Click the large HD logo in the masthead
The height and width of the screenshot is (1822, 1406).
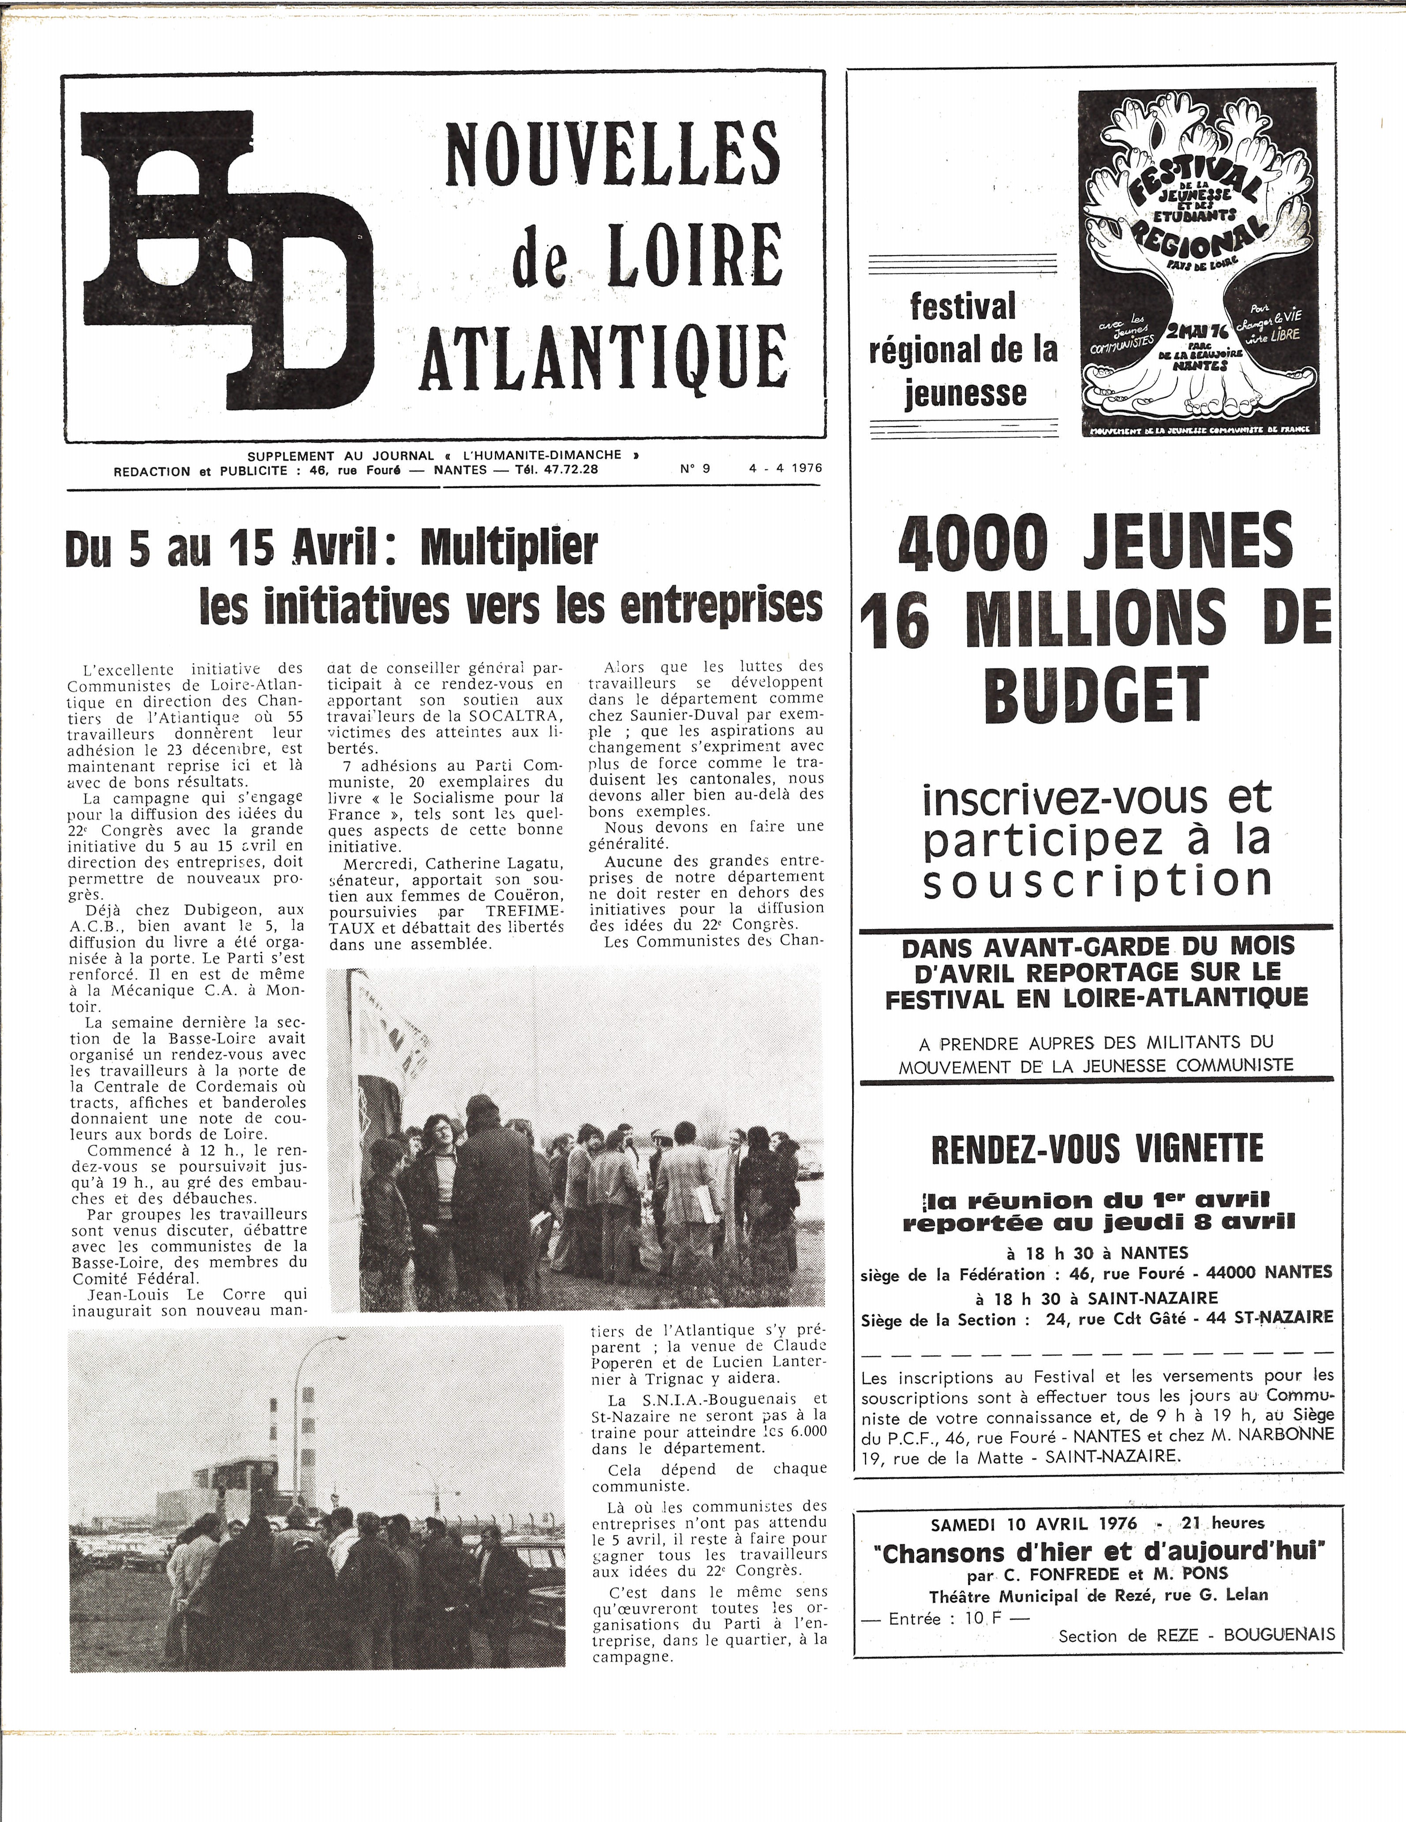[225, 259]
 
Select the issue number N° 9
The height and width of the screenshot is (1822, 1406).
[694, 469]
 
